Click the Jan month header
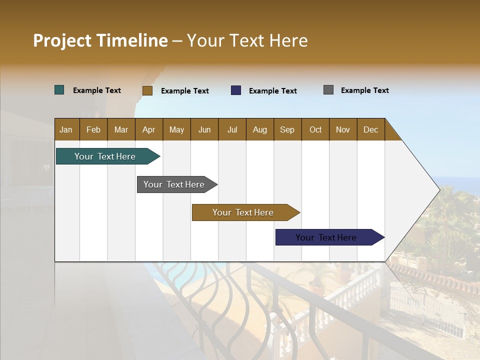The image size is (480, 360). point(66,129)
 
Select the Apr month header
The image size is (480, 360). point(148,129)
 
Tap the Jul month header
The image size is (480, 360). point(232,129)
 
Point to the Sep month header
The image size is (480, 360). point(287,129)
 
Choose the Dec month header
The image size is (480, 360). point(370,129)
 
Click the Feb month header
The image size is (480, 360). point(93,129)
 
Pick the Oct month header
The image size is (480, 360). point(315,129)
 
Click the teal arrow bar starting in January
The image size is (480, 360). point(105,156)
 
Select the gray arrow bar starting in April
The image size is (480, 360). point(174,184)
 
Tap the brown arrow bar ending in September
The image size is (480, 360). point(243,212)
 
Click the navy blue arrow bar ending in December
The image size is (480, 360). point(326,237)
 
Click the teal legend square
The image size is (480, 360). point(59,90)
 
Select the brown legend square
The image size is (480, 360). point(147,90)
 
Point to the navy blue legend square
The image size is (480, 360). point(236,90)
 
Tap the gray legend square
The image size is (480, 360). point(328,90)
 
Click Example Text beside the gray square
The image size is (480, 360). point(364,90)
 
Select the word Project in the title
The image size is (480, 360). point(62,40)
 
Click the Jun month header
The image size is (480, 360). point(204,129)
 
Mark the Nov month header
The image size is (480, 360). point(343,129)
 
